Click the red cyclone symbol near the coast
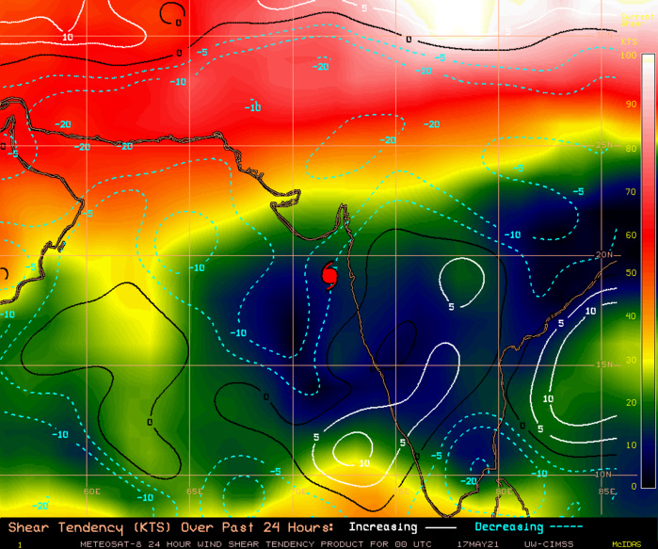coord(329,274)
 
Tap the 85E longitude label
coord(605,492)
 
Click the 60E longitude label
coord(92,492)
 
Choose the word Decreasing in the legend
coord(509,527)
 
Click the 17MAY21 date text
coord(476,543)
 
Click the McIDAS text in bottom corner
coord(626,543)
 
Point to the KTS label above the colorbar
coord(629,42)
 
